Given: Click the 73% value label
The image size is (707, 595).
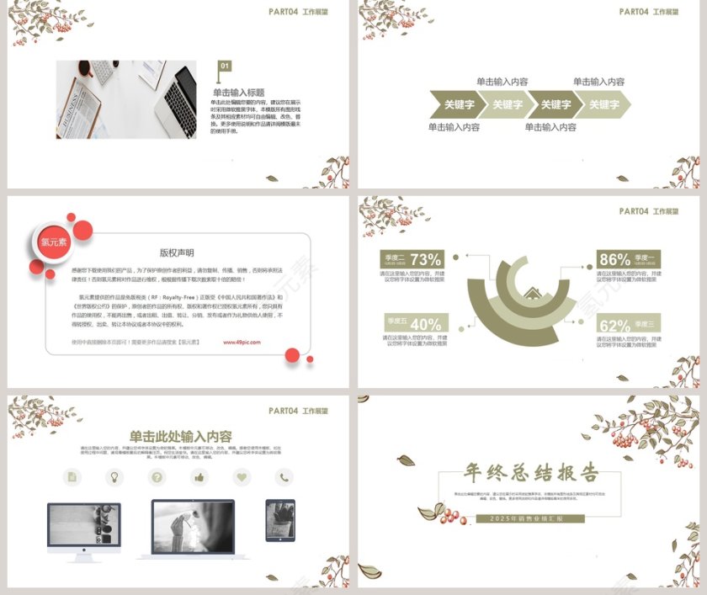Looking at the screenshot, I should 425,259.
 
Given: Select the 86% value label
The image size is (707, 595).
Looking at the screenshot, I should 614,259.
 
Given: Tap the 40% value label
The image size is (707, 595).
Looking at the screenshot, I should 425,324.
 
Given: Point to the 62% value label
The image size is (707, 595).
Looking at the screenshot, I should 614,326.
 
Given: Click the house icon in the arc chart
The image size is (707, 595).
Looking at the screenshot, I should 532,294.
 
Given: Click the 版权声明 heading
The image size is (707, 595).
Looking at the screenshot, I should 177,252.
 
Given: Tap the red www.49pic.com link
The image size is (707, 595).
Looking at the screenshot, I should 242,343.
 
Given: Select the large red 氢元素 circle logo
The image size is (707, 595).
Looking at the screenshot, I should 53,242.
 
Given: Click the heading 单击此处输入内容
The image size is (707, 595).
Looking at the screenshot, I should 180,436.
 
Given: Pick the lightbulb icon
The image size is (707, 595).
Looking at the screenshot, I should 114,477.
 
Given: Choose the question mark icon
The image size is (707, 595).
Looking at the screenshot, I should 157,477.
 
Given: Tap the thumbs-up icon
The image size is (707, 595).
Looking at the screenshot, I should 199,477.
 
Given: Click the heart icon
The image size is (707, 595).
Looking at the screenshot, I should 242,477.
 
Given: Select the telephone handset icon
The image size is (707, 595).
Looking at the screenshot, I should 284,477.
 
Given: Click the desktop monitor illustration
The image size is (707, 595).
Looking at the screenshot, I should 84,529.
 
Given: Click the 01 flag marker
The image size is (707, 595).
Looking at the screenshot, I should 225,66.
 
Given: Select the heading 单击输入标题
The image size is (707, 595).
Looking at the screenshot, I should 238,93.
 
